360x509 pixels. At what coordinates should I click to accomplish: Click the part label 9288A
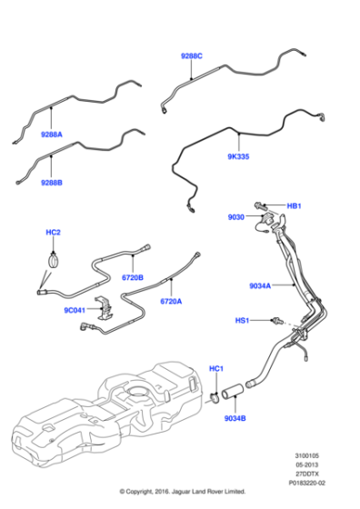51,135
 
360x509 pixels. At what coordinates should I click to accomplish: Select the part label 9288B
52,182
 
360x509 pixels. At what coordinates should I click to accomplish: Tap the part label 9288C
191,56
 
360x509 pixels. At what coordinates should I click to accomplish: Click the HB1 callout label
294,206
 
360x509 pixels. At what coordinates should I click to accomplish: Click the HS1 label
243,321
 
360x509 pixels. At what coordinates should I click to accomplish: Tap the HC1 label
216,368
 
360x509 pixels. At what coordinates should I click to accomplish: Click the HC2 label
54,234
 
